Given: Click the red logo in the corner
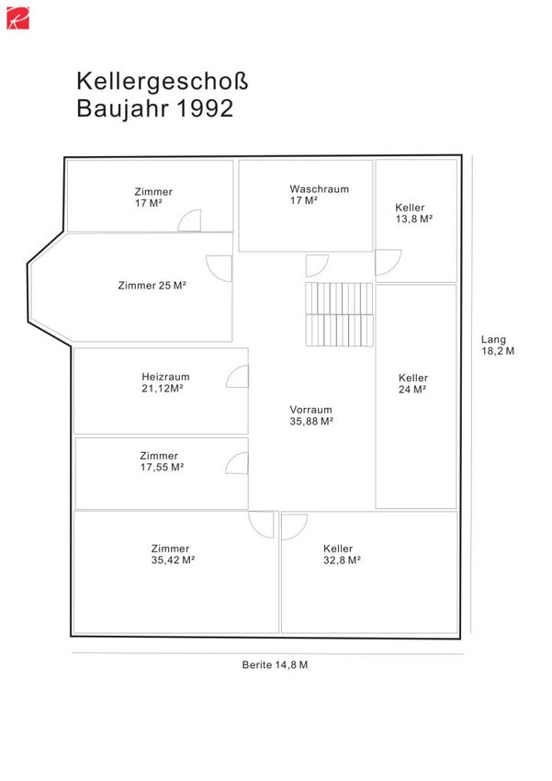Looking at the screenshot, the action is pyautogui.click(x=17, y=18).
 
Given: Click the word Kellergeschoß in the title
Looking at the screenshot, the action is pyautogui.click(x=163, y=82).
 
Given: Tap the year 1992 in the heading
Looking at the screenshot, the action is pyautogui.click(x=205, y=108).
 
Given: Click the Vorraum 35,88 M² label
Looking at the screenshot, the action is pyautogui.click(x=311, y=415).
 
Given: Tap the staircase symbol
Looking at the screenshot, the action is pyautogui.click(x=339, y=314).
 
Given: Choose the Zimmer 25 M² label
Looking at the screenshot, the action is pyautogui.click(x=152, y=286).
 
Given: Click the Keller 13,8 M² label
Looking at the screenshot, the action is pyautogui.click(x=413, y=213).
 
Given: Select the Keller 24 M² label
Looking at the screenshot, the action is pyautogui.click(x=413, y=383).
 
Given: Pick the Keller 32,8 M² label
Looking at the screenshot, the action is pyautogui.click(x=342, y=554).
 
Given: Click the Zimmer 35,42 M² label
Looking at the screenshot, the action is pyautogui.click(x=173, y=554).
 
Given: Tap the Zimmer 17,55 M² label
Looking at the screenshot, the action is pyautogui.click(x=162, y=461).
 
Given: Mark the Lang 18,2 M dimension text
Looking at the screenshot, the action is pyautogui.click(x=497, y=345).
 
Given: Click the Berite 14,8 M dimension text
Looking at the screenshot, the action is pyautogui.click(x=275, y=665).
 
